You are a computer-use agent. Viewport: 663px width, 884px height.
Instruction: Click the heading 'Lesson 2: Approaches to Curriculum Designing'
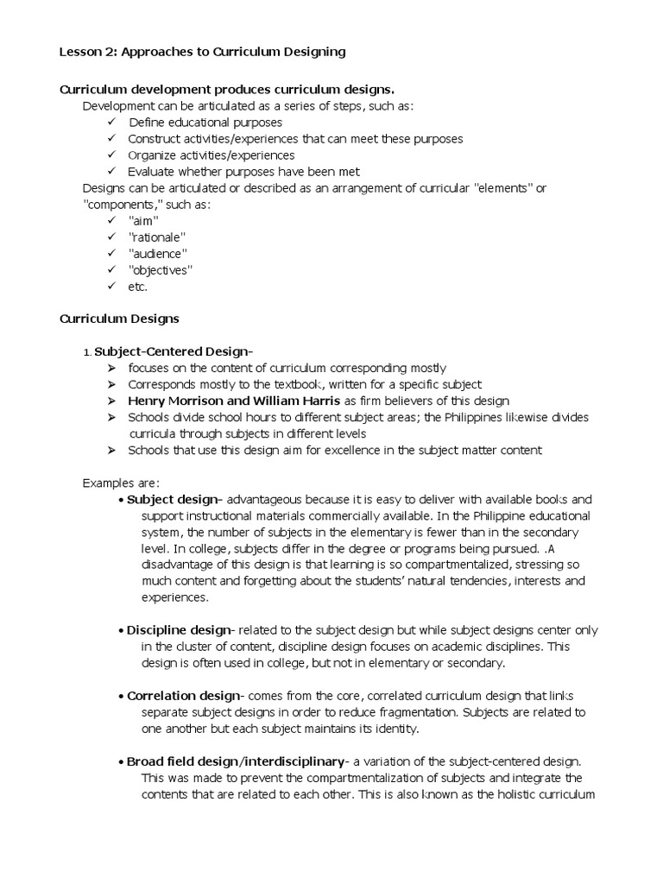pos(202,52)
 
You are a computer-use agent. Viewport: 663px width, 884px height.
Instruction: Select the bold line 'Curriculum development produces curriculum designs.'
pos(227,90)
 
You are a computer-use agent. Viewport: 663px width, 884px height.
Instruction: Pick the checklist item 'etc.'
pos(138,287)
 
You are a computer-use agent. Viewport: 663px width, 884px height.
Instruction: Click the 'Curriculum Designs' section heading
pos(119,319)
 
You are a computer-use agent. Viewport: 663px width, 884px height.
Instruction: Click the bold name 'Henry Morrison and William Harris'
pos(234,401)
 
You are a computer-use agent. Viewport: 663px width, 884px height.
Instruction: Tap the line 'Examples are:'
pos(121,483)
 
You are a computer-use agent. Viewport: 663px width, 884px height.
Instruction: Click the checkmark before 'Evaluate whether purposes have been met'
pos(110,172)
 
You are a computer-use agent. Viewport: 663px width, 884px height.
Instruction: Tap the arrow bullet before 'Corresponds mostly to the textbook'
pos(111,384)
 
